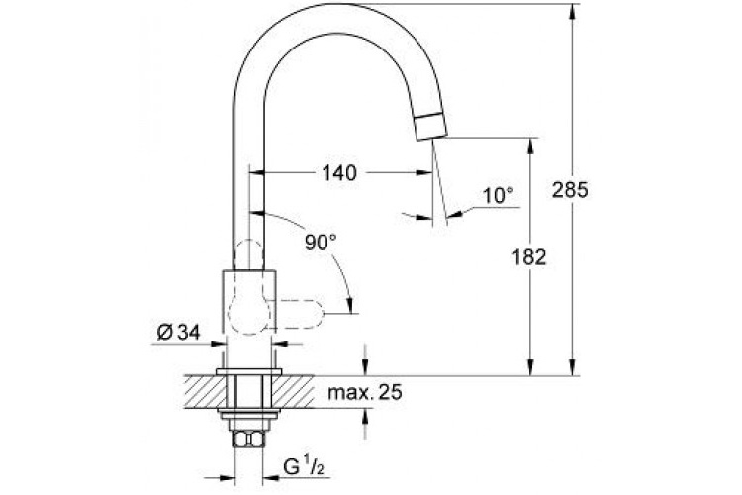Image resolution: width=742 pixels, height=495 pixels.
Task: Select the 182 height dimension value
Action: point(530,256)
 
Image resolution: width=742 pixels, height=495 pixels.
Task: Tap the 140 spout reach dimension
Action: point(338,172)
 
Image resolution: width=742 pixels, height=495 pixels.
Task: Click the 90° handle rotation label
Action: point(320,240)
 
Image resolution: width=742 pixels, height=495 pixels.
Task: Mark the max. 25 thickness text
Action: point(366,393)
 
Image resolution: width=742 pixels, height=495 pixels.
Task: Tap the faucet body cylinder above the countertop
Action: point(249,317)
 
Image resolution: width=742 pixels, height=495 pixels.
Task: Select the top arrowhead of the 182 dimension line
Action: point(530,144)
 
